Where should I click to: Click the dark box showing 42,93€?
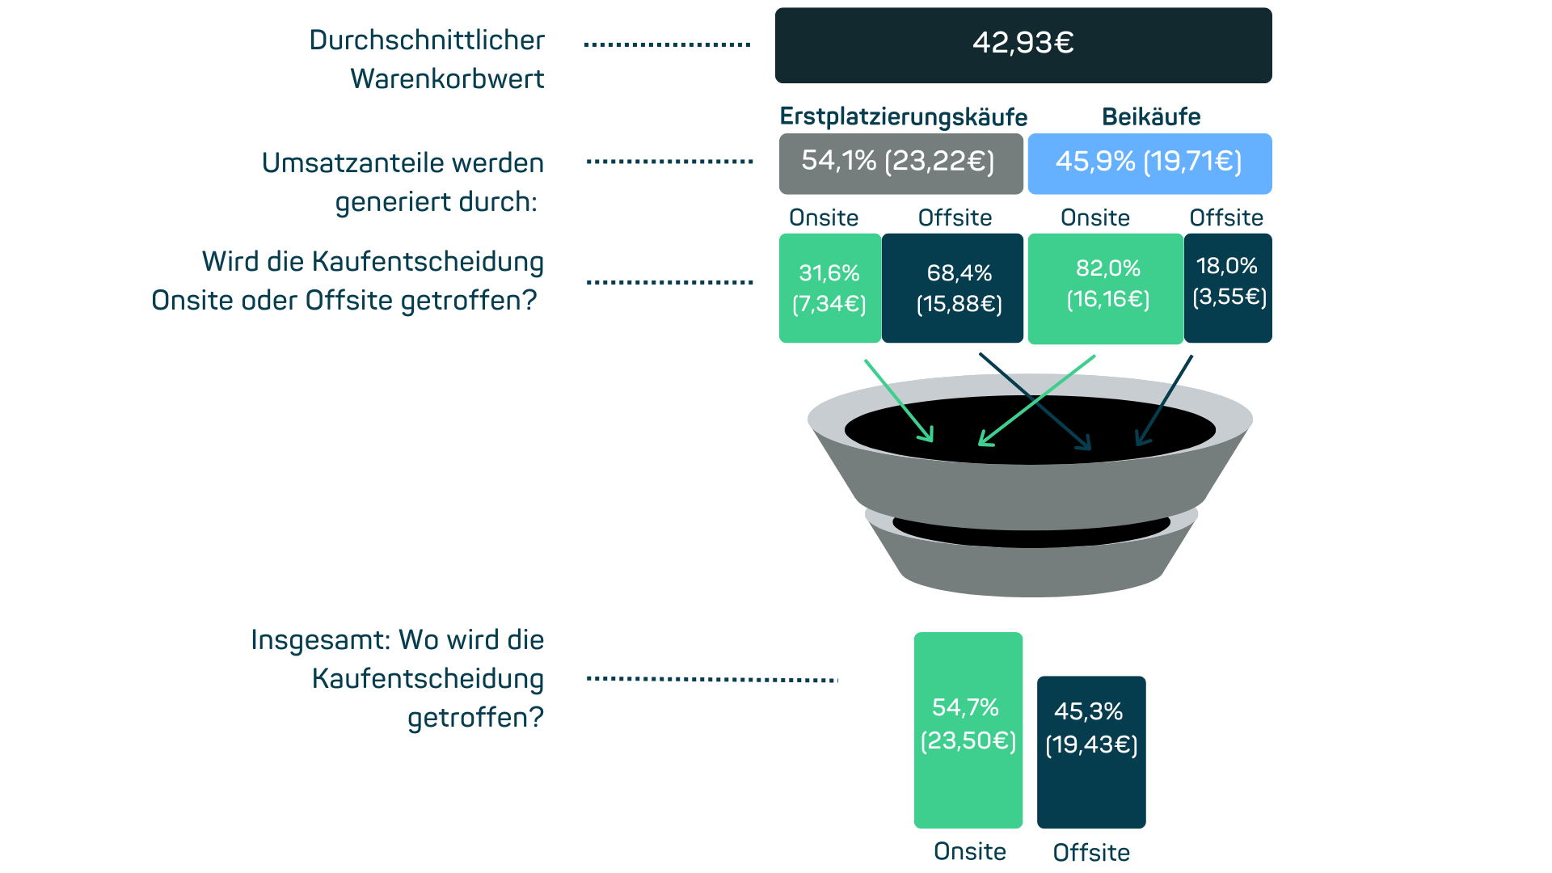[x=1023, y=45]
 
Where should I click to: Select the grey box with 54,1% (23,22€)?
[x=900, y=163]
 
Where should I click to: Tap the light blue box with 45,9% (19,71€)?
[x=1149, y=163]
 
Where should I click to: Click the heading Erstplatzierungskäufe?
[x=903, y=117]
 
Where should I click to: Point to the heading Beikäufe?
[x=1150, y=116]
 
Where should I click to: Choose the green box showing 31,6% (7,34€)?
[x=829, y=288]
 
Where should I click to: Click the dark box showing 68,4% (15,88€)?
[x=953, y=288]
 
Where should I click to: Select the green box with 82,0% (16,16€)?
[x=1105, y=288]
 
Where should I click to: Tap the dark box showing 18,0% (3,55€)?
[x=1228, y=288]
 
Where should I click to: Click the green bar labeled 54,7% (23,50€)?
[x=968, y=729]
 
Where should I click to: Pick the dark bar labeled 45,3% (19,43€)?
[x=1090, y=752]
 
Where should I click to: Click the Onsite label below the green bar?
[x=969, y=851]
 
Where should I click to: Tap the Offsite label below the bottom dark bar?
[x=1091, y=852]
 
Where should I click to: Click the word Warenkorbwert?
[x=447, y=79]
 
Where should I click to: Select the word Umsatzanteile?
[x=352, y=163]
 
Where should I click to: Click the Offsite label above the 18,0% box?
[x=1226, y=217]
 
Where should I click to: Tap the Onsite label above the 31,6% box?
[x=824, y=217]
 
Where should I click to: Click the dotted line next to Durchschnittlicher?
[x=667, y=45]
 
